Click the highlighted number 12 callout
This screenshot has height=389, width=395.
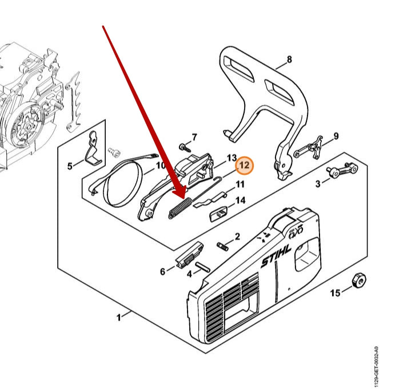(x=244, y=165)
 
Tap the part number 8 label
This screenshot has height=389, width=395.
(x=289, y=59)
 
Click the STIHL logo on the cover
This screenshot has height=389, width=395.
(x=277, y=255)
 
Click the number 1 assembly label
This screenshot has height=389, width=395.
(x=119, y=317)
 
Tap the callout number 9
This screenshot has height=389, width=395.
(x=336, y=136)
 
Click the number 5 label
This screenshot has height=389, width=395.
(x=70, y=166)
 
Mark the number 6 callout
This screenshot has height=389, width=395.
(x=162, y=272)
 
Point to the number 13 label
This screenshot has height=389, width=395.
(x=232, y=158)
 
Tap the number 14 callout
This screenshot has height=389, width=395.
(x=241, y=200)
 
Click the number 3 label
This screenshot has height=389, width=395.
(x=317, y=183)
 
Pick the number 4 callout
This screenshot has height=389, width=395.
(x=190, y=274)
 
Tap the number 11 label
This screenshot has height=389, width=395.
(x=240, y=185)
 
